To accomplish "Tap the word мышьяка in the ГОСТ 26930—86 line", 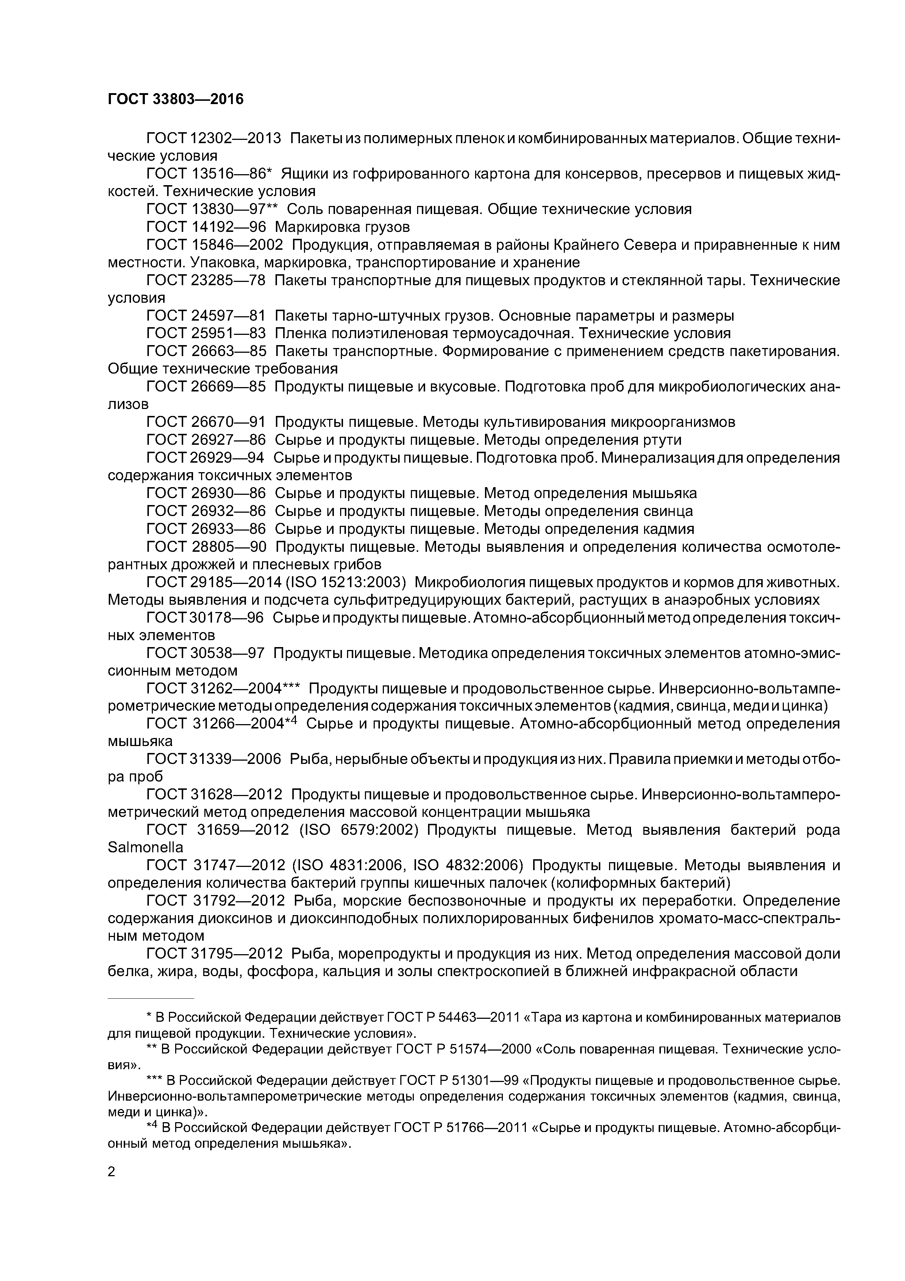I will point(664,493).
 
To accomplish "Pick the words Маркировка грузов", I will point(342,227).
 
